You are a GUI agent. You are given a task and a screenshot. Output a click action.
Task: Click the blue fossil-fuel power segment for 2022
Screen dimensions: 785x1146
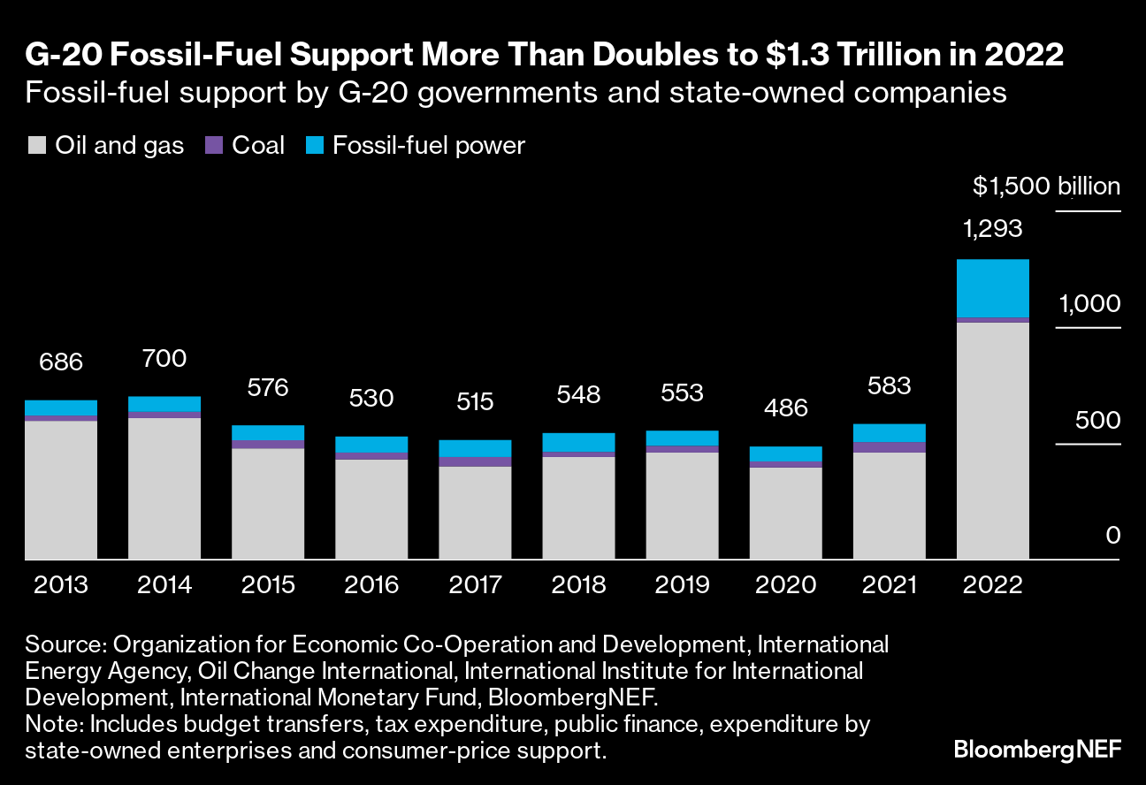993,288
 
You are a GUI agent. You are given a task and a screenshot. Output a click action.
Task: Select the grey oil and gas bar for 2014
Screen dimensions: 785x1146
164,488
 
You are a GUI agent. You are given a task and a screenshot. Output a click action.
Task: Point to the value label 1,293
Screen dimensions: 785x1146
992,229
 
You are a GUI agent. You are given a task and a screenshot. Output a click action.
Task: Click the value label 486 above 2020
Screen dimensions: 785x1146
785,408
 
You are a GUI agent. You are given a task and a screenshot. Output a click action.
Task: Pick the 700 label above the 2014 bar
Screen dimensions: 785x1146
164,358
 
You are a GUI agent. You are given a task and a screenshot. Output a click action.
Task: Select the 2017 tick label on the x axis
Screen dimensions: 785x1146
475,585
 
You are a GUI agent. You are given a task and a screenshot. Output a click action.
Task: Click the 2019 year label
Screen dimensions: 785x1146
682,585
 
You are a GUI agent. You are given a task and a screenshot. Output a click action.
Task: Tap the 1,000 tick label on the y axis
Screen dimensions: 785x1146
1089,304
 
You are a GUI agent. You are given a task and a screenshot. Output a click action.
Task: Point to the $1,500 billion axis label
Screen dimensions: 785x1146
1046,187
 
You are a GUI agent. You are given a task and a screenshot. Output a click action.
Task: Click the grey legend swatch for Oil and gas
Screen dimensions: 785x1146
36,146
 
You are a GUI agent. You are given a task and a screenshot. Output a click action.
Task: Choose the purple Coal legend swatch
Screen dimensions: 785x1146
213,146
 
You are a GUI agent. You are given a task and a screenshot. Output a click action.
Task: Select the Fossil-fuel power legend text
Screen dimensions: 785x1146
428,146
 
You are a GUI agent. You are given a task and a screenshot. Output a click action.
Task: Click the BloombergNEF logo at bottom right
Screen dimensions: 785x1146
1037,750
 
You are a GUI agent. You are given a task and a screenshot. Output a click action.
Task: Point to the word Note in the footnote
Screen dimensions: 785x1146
51,725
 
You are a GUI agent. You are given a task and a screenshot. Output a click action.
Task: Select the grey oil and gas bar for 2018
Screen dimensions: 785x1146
578,507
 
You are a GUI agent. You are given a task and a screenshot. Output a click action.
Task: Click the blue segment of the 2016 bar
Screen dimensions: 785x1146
371,445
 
